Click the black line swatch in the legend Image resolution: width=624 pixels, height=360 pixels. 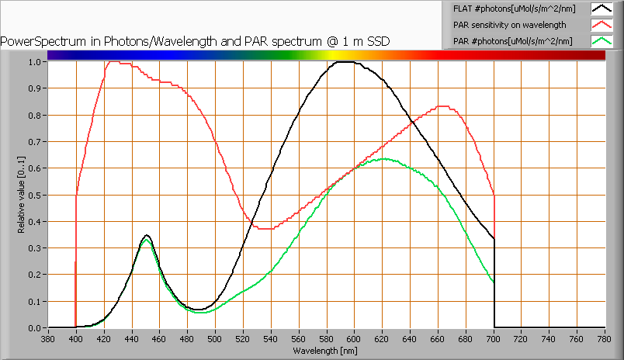[x=601, y=9]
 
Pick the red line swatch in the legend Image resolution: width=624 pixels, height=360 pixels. [x=601, y=24]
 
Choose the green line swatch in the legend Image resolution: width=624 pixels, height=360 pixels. [x=601, y=40]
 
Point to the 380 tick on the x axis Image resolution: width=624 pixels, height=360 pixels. [x=48, y=338]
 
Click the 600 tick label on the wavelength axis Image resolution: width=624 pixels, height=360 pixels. [x=355, y=338]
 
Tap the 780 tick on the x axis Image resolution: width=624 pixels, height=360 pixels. [x=605, y=338]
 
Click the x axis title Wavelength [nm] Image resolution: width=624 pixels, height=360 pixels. [x=325, y=350]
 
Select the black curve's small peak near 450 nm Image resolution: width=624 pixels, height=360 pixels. [x=146, y=235]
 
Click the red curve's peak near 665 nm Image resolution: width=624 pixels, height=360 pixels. [x=443, y=106]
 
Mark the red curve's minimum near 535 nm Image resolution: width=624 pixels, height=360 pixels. [x=264, y=229]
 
